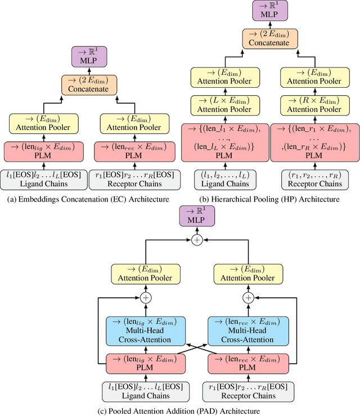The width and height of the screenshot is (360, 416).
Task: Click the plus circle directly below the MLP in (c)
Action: click(x=197, y=239)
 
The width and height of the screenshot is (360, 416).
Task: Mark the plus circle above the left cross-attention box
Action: click(x=146, y=297)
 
